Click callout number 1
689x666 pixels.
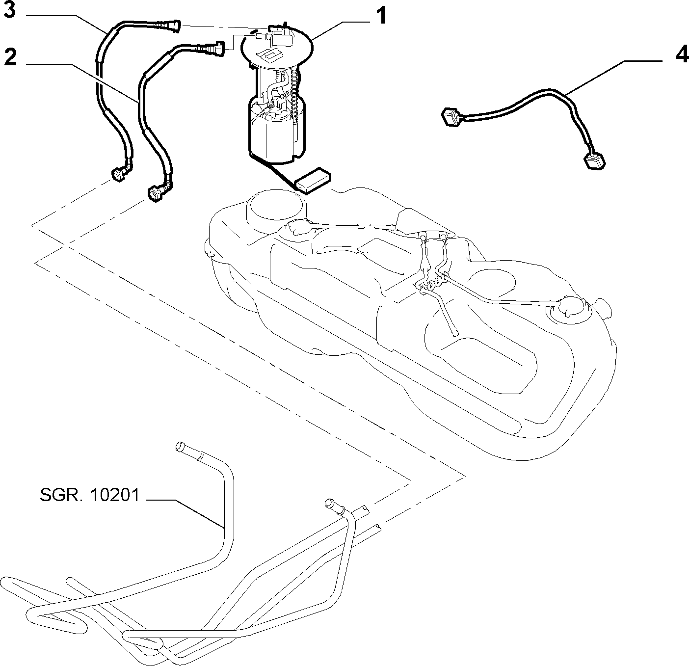coord(380,16)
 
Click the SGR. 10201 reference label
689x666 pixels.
coord(90,495)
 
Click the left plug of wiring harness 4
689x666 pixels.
coord(450,117)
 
